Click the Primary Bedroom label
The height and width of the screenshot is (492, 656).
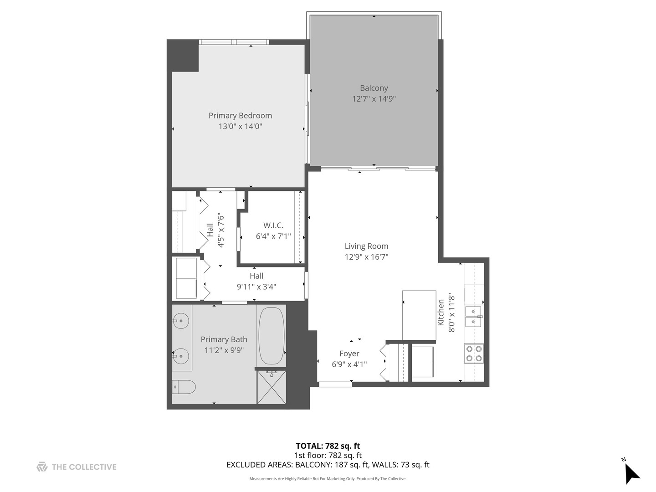240,116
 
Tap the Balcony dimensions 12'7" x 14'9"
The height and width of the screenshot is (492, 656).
374,99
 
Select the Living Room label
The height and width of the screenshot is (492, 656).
366,246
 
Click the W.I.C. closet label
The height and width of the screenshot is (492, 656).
273,225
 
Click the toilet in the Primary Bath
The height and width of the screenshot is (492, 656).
184,387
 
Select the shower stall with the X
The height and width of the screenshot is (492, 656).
272,387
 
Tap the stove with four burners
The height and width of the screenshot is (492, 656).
474,354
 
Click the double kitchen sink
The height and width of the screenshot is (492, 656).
473,316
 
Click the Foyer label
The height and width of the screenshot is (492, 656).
349,354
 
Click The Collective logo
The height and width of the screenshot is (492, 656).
77,467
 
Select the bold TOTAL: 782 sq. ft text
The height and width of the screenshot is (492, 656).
328,446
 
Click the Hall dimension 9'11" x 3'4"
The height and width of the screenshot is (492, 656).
256,287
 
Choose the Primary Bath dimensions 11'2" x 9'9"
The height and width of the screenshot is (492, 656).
224,350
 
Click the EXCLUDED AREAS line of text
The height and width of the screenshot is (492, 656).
328,465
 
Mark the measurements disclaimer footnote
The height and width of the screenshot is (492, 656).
328,479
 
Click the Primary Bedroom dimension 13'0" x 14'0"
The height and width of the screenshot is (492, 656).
240,127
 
